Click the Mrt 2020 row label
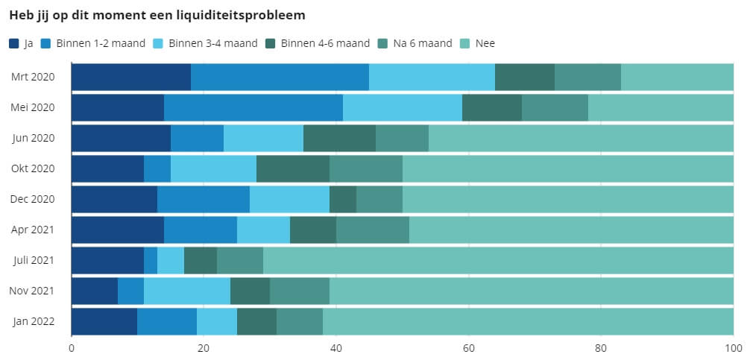tap(34, 77)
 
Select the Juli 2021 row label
tap(34, 260)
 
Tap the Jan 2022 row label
tap(34, 321)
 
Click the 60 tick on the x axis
tap(469, 348)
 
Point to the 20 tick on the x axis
tap(204, 348)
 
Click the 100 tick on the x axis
tap(734, 348)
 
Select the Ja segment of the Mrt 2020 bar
tap(130, 77)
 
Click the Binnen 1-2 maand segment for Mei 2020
tap(253, 107)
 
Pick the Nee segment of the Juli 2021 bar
tap(498, 260)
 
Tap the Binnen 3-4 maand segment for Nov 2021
tap(187, 291)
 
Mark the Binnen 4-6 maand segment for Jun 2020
tap(339, 138)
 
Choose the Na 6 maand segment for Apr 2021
tap(373, 230)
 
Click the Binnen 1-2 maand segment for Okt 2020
tap(157, 168)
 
